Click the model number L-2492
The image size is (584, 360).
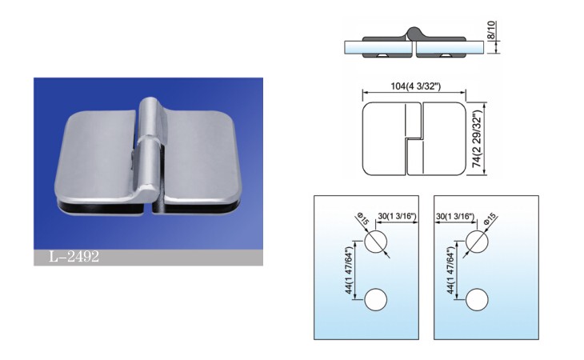click(x=74, y=257)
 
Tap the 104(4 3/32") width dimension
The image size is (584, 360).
click(x=415, y=86)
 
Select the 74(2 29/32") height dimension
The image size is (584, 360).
click(x=478, y=138)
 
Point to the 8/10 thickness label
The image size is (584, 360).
click(x=491, y=30)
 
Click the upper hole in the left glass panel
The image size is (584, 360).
click(x=376, y=242)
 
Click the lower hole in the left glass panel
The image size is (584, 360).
click(x=376, y=300)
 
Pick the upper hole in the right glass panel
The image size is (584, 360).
click(x=477, y=242)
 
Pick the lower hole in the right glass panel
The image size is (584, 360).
click(x=477, y=300)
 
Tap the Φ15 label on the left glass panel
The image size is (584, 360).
click(x=362, y=218)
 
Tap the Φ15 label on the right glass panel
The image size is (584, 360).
click(x=490, y=218)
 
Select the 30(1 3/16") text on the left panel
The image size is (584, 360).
click(x=397, y=216)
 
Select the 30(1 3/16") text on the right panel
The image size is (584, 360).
click(x=454, y=216)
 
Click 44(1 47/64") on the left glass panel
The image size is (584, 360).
click(x=349, y=270)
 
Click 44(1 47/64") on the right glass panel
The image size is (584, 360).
click(x=450, y=270)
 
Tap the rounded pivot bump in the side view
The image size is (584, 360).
click(x=414, y=33)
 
